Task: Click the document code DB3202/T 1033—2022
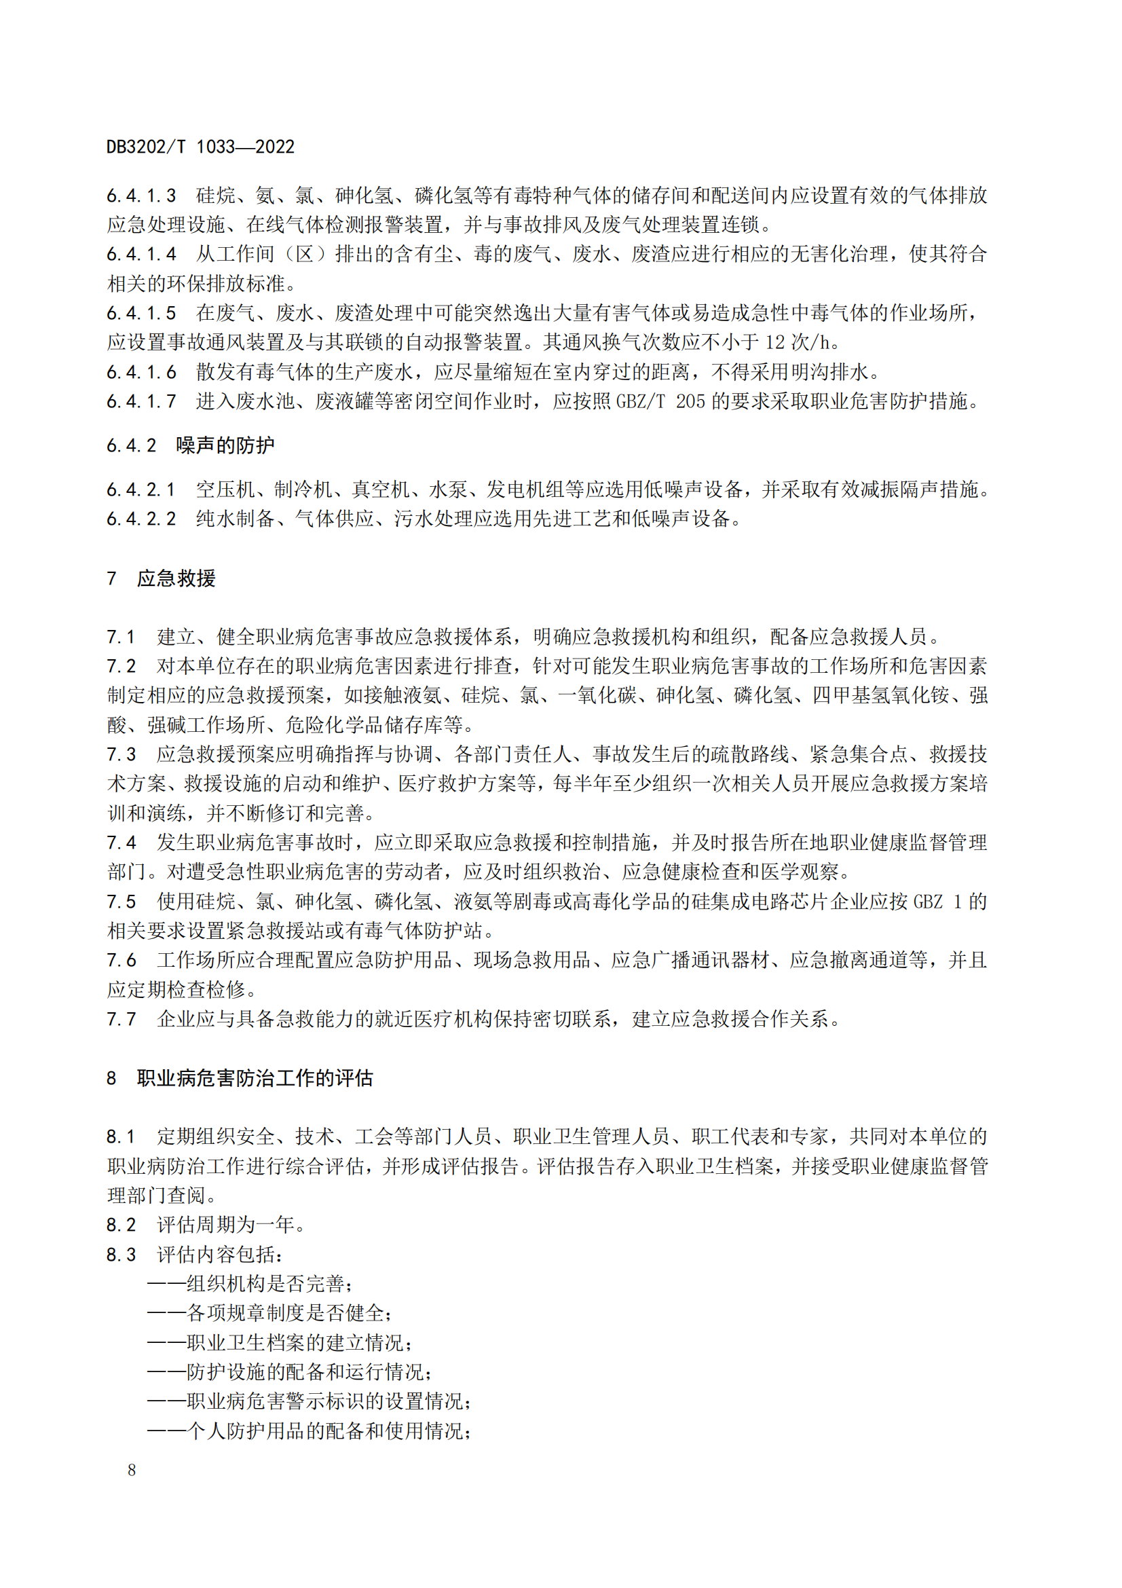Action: tap(200, 147)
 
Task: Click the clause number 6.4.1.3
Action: tap(141, 196)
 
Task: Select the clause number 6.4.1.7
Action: tap(141, 401)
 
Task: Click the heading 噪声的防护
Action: tap(225, 445)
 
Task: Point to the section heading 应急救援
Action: tap(176, 578)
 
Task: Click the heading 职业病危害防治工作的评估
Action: tap(255, 1078)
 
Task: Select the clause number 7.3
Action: tap(121, 754)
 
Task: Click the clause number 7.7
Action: tap(121, 1019)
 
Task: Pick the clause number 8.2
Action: tap(121, 1225)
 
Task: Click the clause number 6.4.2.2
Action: tap(141, 519)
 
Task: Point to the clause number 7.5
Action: tap(121, 901)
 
